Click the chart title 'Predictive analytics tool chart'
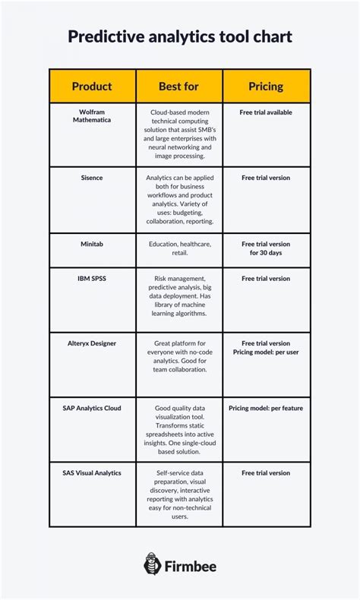point(180,36)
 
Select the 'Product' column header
point(92,86)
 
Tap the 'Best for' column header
point(179,86)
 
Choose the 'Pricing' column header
point(266,86)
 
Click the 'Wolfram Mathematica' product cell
point(92,116)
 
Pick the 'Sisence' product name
point(92,178)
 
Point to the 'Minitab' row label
point(92,245)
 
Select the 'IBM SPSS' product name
point(92,279)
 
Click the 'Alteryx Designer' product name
point(92,343)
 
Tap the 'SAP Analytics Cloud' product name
point(92,408)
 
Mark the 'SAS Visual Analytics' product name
point(92,472)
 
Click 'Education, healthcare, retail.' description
point(179,249)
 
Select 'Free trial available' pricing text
point(266,112)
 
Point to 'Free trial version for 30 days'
point(266,249)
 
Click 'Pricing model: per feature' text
point(266,408)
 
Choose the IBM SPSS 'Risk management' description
point(179,296)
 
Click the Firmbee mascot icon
point(152,564)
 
